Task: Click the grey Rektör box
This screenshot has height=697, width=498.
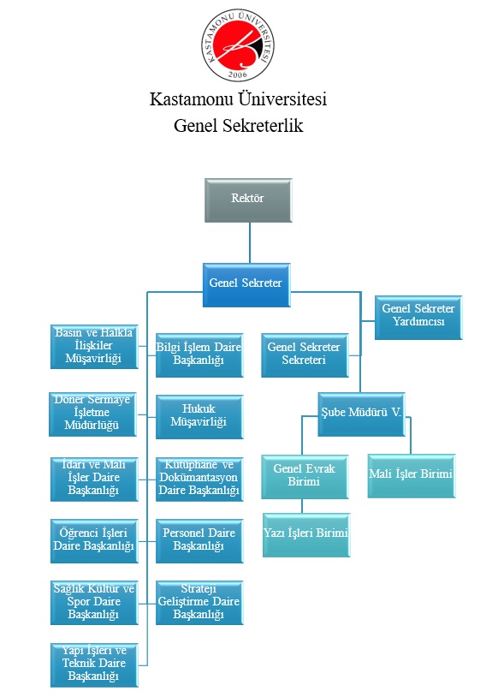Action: (248, 200)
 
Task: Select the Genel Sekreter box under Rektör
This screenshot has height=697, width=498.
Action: (246, 285)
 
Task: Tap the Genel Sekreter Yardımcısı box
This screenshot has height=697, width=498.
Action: (418, 318)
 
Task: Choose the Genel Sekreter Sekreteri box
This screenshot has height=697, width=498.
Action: (305, 355)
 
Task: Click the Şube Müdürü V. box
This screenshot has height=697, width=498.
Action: (361, 414)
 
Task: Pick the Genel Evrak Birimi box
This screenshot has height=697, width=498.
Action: (305, 477)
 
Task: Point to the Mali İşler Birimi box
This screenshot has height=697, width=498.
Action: (412, 475)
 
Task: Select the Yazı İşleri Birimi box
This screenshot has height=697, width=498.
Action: (306, 535)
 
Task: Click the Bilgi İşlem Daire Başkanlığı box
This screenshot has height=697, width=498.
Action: (199, 355)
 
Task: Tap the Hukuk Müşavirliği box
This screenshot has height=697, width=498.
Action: (199, 417)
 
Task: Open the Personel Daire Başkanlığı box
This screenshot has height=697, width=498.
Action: (199, 541)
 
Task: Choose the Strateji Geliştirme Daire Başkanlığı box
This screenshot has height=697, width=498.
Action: (199, 603)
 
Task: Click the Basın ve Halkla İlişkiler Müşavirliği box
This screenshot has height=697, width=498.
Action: (94, 347)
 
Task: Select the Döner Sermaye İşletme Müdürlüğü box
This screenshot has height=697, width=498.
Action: (92, 414)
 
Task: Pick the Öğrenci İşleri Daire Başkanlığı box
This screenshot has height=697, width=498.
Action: (94, 541)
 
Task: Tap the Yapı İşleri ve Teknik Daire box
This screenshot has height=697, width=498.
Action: (94, 665)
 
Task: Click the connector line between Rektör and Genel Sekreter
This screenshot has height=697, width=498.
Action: (250, 242)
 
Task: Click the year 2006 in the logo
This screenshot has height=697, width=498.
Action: (238, 74)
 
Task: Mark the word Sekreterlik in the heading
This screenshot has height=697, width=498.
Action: (263, 126)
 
